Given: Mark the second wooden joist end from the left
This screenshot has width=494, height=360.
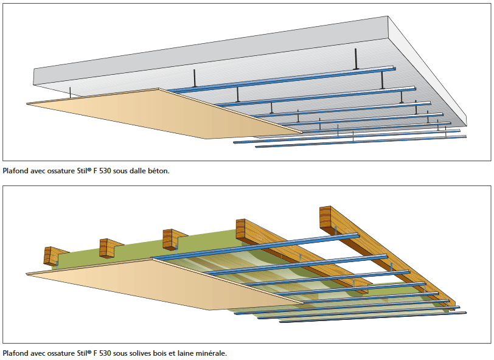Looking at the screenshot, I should (x=108, y=247).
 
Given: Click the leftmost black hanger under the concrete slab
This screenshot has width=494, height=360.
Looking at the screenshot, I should (x=71, y=92).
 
